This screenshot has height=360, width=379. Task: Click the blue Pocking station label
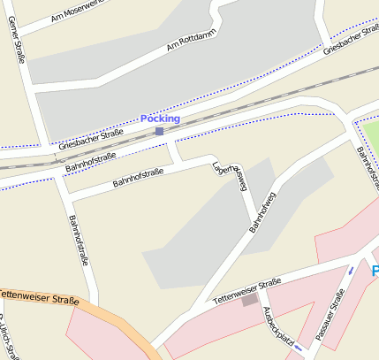click(x=160, y=119)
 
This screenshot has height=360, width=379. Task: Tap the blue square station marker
click(x=159, y=132)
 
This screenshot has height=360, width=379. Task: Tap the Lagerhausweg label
click(x=231, y=177)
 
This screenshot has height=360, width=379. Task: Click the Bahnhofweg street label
click(x=263, y=212)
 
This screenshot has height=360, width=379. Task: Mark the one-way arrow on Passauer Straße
click(x=351, y=270)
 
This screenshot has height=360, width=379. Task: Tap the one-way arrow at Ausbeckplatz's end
click(x=298, y=348)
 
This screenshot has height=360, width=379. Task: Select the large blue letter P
click(x=375, y=271)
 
